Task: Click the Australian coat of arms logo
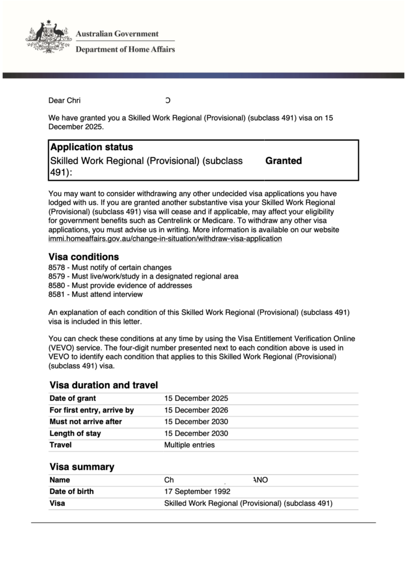[49, 37]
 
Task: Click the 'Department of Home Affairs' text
[125, 49]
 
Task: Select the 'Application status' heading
[92, 147]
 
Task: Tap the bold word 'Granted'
[284, 161]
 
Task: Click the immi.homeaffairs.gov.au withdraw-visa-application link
[165, 238]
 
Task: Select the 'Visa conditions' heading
[84, 257]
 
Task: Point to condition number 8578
[56, 267]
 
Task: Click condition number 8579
[56, 276]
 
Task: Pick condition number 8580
[56, 285]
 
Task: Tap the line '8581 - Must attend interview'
[95, 294]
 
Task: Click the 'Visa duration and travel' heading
[104, 385]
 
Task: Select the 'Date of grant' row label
[73, 399]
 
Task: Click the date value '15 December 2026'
[196, 410]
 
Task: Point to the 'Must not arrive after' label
[85, 421]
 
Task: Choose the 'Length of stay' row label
[75, 433]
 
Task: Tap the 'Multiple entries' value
[189, 445]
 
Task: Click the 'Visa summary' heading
[82, 467]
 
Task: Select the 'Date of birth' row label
[71, 491]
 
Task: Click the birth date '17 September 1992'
[197, 491]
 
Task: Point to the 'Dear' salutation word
[56, 100]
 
